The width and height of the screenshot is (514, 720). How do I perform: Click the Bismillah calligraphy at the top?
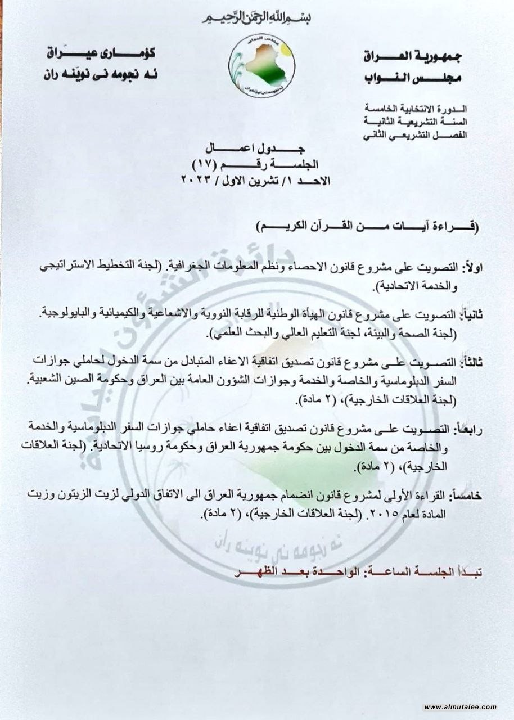tap(257, 17)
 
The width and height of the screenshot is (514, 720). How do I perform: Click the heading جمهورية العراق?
tap(410, 56)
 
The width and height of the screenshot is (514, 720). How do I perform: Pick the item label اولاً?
tap(466, 265)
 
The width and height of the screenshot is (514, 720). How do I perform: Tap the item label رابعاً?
tap(466, 429)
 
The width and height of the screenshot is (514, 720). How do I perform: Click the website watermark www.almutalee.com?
tap(460, 706)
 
